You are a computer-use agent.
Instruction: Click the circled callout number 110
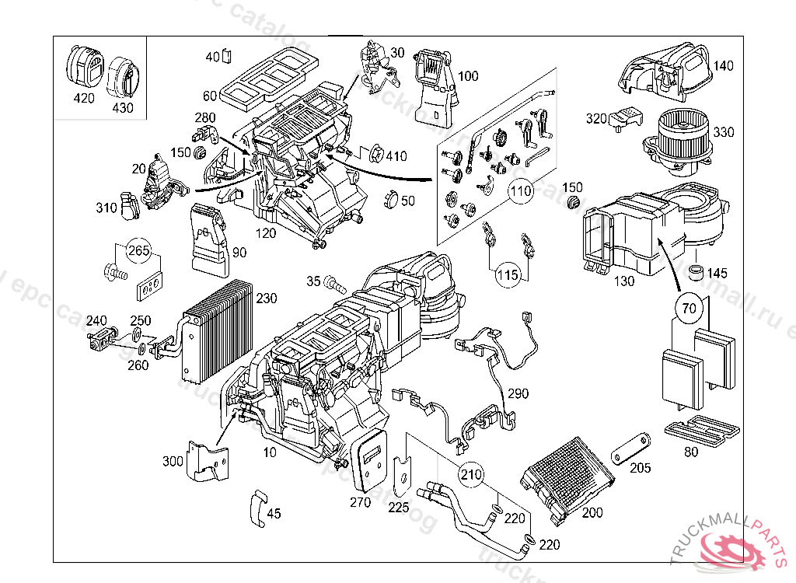(520, 189)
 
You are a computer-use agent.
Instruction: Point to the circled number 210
(470, 473)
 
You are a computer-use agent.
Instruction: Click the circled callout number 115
(508, 274)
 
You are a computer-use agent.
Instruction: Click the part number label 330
(723, 132)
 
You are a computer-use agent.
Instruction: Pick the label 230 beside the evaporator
(266, 298)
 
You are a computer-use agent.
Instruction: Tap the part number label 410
(396, 156)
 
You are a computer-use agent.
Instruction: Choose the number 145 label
(717, 274)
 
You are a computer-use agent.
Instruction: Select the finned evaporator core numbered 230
(217, 334)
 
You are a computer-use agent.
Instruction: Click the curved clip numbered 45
(257, 507)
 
